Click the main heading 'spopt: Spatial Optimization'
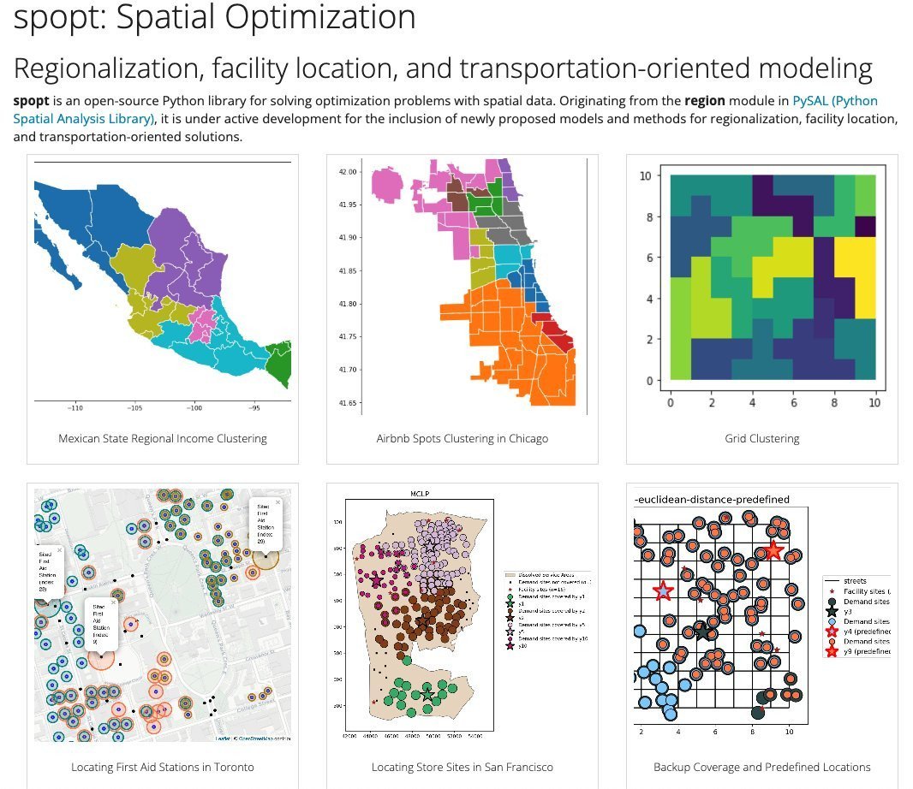point(214,17)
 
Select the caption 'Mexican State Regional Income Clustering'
point(163,439)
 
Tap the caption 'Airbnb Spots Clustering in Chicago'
point(462,439)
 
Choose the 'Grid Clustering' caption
point(762,439)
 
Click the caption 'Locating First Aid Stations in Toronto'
point(163,768)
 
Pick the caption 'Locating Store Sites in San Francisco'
point(462,768)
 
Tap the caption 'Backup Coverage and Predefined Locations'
point(762,768)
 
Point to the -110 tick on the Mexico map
point(75,409)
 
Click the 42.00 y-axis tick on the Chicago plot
point(346,172)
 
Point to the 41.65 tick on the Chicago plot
point(346,403)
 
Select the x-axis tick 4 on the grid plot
point(752,402)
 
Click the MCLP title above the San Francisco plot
point(419,494)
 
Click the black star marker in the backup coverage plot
point(703,632)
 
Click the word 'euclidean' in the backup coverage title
point(667,500)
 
